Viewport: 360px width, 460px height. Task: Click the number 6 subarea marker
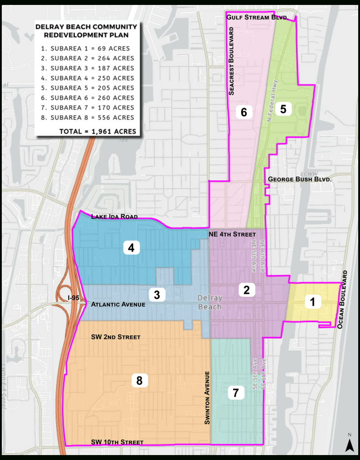pyautogui.click(x=244, y=112)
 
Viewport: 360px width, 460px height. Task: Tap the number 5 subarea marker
pyautogui.click(x=284, y=109)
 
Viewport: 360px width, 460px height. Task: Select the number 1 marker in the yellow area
pyautogui.click(x=313, y=302)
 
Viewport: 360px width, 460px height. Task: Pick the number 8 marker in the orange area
pyautogui.click(x=139, y=381)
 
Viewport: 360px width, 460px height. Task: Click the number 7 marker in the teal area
pyautogui.click(x=236, y=393)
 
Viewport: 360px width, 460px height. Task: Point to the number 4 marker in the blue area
pyautogui.click(x=131, y=248)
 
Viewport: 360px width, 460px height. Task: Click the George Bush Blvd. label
pyautogui.click(x=299, y=179)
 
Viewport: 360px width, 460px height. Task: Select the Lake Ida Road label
pyautogui.click(x=114, y=217)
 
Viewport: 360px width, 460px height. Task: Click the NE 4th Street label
pyautogui.click(x=232, y=234)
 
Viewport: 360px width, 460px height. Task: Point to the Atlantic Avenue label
pyautogui.click(x=118, y=304)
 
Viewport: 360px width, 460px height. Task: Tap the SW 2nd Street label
pyautogui.click(x=116, y=337)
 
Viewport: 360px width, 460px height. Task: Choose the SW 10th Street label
pyautogui.click(x=117, y=442)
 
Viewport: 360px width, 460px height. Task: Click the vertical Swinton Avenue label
pyautogui.click(x=207, y=398)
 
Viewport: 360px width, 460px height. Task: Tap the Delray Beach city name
pyautogui.click(x=210, y=302)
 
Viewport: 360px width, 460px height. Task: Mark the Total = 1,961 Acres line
pyautogui.click(x=98, y=132)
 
